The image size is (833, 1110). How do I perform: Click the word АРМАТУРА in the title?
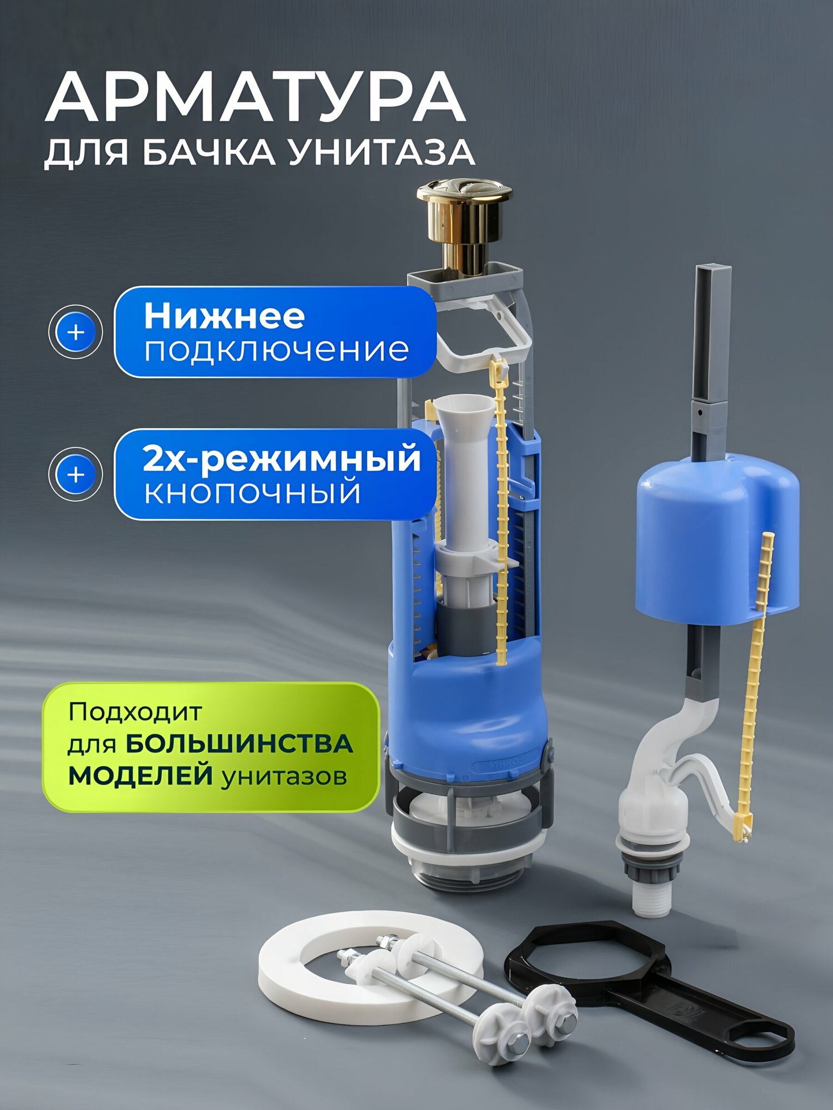click(255, 97)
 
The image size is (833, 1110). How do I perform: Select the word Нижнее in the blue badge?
click(224, 316)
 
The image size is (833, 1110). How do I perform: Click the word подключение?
click(277, 350)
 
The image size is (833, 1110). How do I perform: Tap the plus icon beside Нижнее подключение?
click(76, 332)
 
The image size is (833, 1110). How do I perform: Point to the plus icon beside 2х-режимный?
click(76, 475)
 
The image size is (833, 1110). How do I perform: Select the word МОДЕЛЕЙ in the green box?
click(140, 775)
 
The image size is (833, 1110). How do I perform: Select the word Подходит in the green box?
click(135, 712)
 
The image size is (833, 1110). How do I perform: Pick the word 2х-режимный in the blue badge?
click(282, 459)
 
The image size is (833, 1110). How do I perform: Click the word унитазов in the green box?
click(284, 776)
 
